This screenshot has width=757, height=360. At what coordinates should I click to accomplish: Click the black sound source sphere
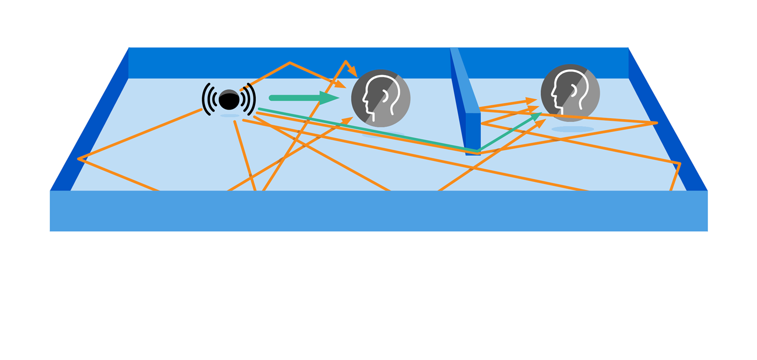[x=229, y=100]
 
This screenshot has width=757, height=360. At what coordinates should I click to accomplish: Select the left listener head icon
[x=381, y=98]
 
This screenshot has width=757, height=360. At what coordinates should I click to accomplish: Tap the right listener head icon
[x=570, y=93]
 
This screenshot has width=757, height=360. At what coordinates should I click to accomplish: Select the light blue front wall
[x=378, y=211]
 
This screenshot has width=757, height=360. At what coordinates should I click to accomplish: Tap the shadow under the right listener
[x=572, y=129]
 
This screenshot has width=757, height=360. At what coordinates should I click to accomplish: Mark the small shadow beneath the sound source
[x=230, y=116]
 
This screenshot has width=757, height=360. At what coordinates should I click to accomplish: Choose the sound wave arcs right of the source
[x=249, y=99]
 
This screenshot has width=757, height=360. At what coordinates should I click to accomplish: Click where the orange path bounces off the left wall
[x=79, y=159]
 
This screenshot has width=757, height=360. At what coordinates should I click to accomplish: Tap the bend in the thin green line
[x=478, y=150]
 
